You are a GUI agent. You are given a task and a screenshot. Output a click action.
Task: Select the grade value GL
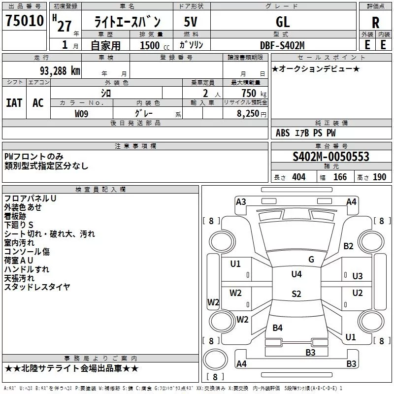tap(283, 22)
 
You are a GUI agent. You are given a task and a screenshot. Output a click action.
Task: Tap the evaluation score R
tap(376, 23)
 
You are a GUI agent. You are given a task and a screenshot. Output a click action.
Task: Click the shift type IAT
tap(14, 103)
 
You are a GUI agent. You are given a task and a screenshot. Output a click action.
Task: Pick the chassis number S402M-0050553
tap(330, 157)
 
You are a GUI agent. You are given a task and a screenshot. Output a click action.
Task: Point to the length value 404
tap(298, 177)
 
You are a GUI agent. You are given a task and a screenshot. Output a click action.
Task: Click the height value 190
tap(379, 177)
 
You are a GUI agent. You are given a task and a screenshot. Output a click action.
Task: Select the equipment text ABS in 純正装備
tap(283, 133)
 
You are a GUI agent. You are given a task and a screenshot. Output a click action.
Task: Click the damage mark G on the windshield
tap(311, 260)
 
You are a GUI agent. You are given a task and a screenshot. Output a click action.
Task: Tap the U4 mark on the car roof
tap(296, 274)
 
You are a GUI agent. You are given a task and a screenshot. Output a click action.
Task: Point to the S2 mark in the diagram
tap(296, 294)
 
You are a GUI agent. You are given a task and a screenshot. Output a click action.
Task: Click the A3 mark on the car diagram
tap(241, 201)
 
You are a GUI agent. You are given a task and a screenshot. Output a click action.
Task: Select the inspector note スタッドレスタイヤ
tap(37, 287)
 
